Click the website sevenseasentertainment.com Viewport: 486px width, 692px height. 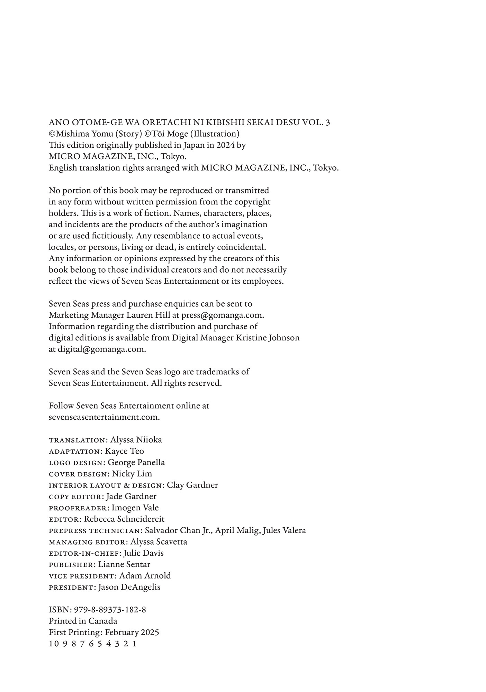[x=104, y=417]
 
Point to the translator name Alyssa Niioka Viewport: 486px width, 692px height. [x=136, y=440]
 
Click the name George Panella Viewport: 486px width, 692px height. [x=136, y=463]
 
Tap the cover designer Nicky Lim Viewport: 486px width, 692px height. [x=132, y=474]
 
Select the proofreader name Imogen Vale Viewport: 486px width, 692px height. [x=135, y=508]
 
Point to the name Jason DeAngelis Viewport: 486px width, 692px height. [x=129, y=587]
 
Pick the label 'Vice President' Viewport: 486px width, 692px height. [x=82, y=576]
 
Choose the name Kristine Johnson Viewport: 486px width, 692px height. [x=268, y=338]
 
